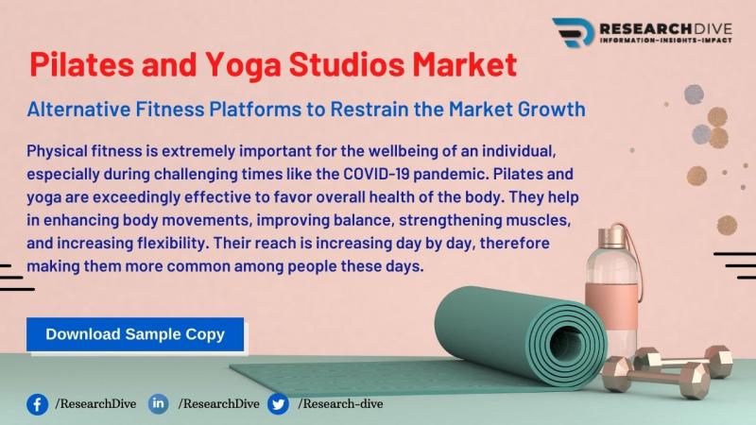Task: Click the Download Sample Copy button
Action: click(x=135, y=333)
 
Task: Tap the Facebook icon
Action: click(x=37, y=404)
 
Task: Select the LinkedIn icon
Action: click(x=158, y=404)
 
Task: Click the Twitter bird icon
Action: click(x=278, y=404)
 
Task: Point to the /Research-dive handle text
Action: click(x=340, y=404)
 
